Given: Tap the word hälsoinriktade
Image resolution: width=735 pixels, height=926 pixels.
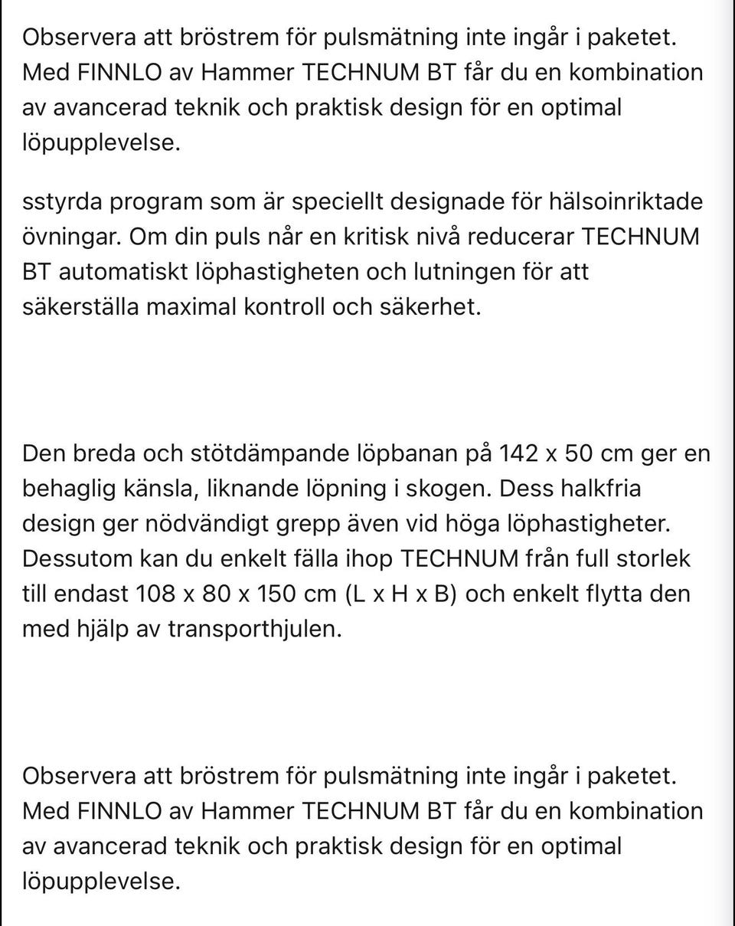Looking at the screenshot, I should point(625,202).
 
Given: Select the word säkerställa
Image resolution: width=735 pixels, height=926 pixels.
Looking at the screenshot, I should point(80,307).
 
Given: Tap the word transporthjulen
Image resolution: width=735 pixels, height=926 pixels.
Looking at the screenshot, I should point(254,629).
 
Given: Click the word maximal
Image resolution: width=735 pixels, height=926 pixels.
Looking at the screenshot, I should point(191,307).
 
